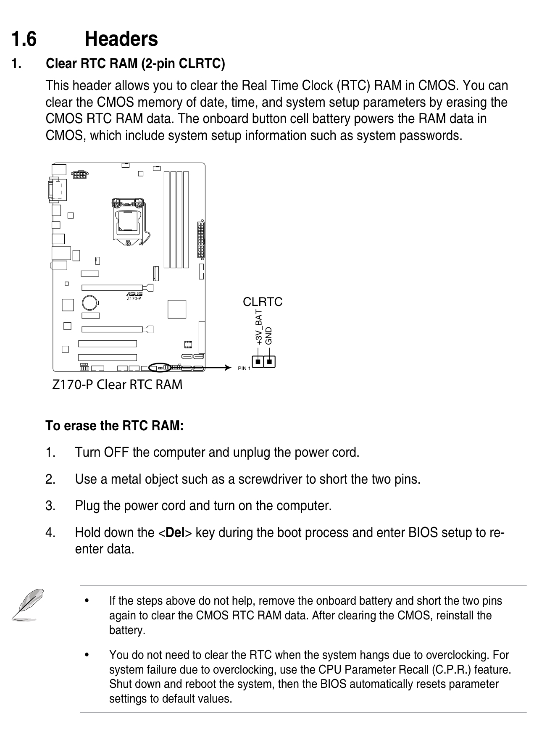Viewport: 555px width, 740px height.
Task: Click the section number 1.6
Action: tap(24, 40)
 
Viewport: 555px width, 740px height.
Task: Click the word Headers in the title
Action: tap(121, 40)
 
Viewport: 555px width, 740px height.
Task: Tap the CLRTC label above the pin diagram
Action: tap(263, 302)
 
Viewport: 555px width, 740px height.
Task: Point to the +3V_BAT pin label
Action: tap(259, 327)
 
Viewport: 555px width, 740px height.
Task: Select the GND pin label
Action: tap(269, 336)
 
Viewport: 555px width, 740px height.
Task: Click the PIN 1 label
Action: tap(244, 369)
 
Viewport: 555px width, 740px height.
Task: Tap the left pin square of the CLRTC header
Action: tap(258, 361)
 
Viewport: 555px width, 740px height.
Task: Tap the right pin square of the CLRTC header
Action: tap(269, 361)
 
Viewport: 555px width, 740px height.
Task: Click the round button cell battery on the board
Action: tap(89, 302)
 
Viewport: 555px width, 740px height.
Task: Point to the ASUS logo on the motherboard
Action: tap(134, 294)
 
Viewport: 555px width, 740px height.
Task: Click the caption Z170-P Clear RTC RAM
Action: tap(117, 384)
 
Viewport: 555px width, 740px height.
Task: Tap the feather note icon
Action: tap(26, 604)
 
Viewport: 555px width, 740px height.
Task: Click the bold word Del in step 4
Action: tap(176, 532)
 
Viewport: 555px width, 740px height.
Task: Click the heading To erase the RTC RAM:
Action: tap(115, 426)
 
